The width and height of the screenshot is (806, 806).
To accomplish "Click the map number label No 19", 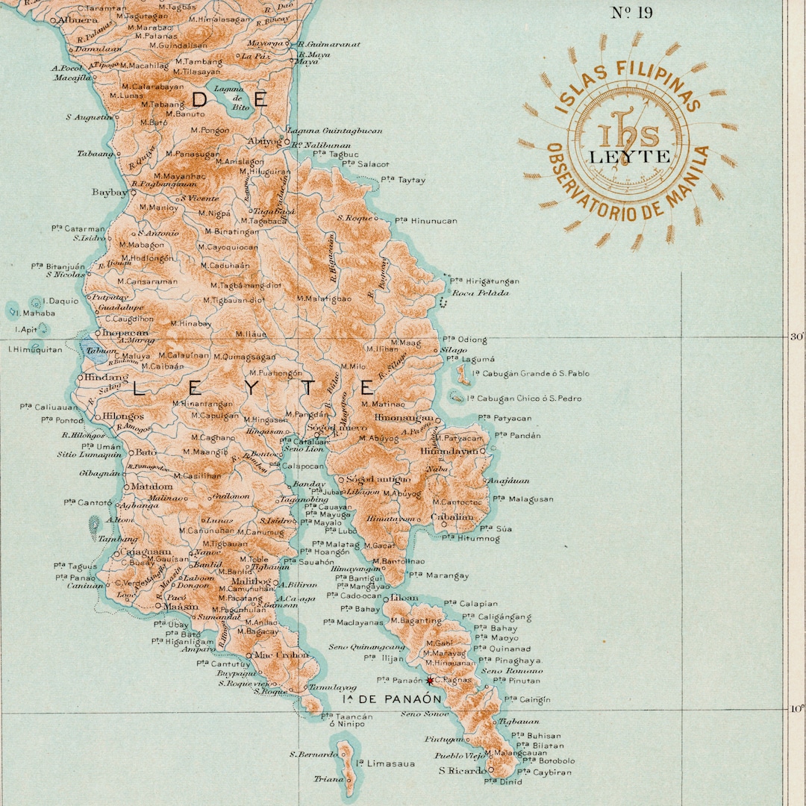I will point(631,13).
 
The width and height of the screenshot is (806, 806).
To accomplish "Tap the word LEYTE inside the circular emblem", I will point(628,157).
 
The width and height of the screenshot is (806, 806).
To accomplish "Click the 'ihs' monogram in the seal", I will point(628,134).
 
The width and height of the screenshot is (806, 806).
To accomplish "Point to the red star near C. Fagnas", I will point(430,681).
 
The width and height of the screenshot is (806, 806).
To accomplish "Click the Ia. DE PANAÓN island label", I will point(392,699).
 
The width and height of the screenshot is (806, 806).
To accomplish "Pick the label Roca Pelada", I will point(481,293).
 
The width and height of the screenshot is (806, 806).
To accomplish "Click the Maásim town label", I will point(181,607).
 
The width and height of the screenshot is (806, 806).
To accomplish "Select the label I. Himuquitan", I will point(35,349).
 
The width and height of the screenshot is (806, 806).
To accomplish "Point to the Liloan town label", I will point(404,598).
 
